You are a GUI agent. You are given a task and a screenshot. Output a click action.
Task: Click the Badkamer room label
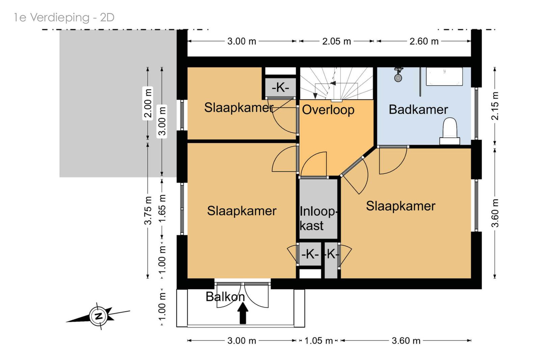(418, 110)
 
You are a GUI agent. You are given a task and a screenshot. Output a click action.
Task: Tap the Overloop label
(328, 110)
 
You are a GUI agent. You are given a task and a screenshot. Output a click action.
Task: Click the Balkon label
(225, 297)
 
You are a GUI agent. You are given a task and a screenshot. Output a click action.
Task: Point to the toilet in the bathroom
(450, 131)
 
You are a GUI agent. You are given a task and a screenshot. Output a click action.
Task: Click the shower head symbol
(398, 75)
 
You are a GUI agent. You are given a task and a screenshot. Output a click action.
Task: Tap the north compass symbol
(98, 316)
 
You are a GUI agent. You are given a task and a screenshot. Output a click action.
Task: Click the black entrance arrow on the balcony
(243, 313)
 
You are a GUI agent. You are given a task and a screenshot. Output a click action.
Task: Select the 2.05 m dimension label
(336, 41)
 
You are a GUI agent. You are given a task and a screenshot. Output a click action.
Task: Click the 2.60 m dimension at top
(424, 41)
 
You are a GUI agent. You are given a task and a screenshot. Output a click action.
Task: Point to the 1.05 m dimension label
(319, 341)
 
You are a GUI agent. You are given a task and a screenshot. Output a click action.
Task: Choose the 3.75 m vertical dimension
(148, 210)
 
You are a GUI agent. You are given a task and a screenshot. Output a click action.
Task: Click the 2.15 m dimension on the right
(495, 106)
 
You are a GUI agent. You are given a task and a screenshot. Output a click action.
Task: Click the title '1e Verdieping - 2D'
(64, 18)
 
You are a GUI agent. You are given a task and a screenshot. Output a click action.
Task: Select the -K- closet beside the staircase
(280, 87)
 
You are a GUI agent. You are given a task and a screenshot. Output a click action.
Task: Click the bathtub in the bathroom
(444, 76)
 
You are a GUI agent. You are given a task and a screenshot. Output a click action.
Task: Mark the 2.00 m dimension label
(148, 103)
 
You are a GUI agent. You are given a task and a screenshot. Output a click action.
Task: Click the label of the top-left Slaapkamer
(239, 108)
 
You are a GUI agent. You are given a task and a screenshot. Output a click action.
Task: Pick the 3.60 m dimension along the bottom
(406, 341)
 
